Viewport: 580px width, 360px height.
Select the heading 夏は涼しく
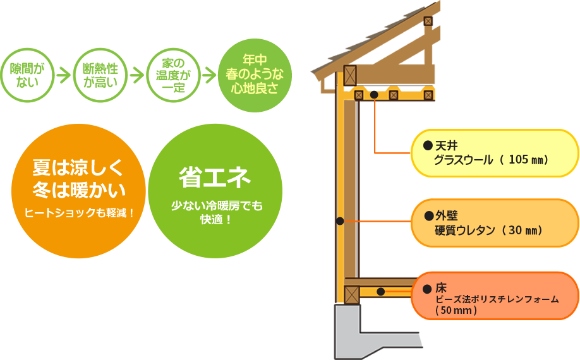[78, 168]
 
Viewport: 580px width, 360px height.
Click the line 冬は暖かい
[78, 190]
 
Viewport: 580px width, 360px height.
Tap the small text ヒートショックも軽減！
[80, 213]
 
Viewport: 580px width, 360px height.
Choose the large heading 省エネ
[215, 177]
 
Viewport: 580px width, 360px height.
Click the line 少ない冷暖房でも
[217, 206]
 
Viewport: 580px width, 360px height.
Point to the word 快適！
[216, 220]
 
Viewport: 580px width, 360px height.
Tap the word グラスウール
[463, 160]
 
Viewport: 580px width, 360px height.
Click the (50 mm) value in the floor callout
[456, 311]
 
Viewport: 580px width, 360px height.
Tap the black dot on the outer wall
[340, 221]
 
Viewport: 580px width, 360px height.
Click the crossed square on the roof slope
[428, 21]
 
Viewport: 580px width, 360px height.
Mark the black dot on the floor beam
[380, 292]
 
